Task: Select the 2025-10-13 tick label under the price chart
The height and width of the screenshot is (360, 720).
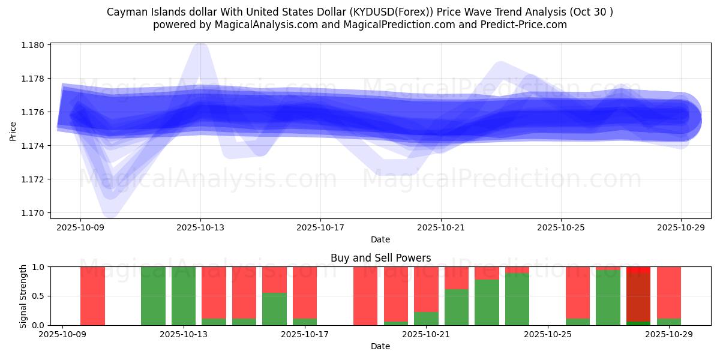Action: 200,227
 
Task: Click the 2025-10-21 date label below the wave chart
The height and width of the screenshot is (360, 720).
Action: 440,227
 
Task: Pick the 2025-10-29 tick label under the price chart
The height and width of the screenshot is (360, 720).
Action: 680,227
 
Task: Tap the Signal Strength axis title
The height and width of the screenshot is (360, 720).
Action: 23,296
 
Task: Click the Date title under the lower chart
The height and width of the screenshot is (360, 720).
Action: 380,346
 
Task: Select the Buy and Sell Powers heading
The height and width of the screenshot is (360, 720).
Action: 380,258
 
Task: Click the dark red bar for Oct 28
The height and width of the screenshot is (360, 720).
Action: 638,297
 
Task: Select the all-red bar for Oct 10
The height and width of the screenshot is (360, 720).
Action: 92,296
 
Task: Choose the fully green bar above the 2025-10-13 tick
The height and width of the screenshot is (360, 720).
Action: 184,296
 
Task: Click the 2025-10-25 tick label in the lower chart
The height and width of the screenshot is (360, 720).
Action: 548,334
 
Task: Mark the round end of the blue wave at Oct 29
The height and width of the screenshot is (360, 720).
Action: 681,116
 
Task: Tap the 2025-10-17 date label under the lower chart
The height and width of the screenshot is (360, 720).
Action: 305,334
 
